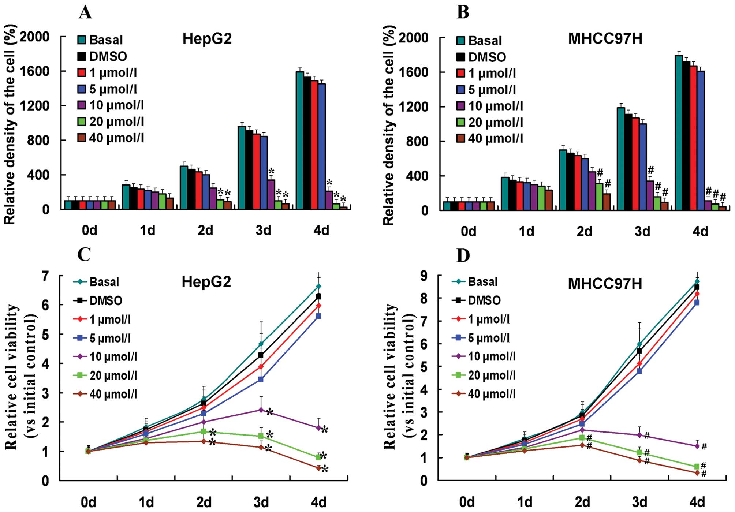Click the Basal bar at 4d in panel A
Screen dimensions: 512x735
tap(300, 141)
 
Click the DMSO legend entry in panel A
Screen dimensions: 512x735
tap(102, 56)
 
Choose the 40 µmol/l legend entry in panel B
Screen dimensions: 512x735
tap(490, 138)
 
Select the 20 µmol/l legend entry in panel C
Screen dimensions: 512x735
tap(106, 375)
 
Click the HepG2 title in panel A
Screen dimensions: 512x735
tap(207, 39)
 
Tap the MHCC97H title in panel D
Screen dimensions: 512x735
tap(605, 284)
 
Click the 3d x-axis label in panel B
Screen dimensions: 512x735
tap(642, 232)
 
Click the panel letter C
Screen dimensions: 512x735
tap(84, 254)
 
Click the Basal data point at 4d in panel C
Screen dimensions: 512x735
tap(318, 286)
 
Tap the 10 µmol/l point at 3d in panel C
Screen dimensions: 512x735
tap(261, 410)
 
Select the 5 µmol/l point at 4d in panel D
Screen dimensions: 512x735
tap(697, 303)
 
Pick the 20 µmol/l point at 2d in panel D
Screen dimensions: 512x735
tap(582, 438)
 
